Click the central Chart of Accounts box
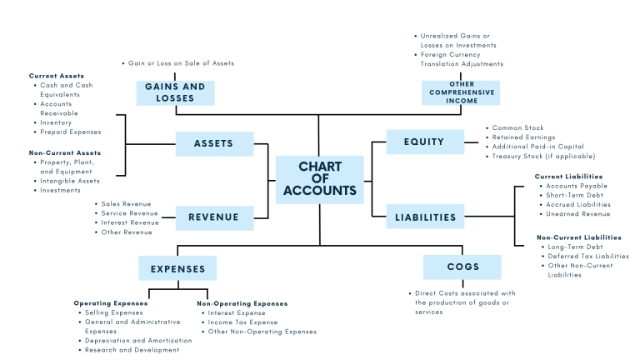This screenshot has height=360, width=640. click(319, 178)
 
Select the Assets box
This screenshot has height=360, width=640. click(214, 143)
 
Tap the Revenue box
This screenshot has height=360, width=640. click(214, 217)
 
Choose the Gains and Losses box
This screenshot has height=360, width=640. click(175, 92)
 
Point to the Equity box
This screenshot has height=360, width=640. click(425, 142)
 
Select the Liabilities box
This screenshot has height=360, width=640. click(425, 217)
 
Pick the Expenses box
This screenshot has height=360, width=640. click(177, 268)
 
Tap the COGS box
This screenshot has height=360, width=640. click(462, 267)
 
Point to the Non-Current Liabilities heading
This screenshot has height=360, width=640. click(578, 237)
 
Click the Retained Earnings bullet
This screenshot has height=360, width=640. click(523, 137)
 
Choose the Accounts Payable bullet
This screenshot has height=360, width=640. click(577, 186)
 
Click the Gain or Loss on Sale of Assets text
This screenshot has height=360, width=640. click(181, 63)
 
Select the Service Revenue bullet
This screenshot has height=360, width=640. click(129, 213)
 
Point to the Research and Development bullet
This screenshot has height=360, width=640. click(132, 350)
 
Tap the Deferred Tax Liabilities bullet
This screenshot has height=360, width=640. click(587, 256)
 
